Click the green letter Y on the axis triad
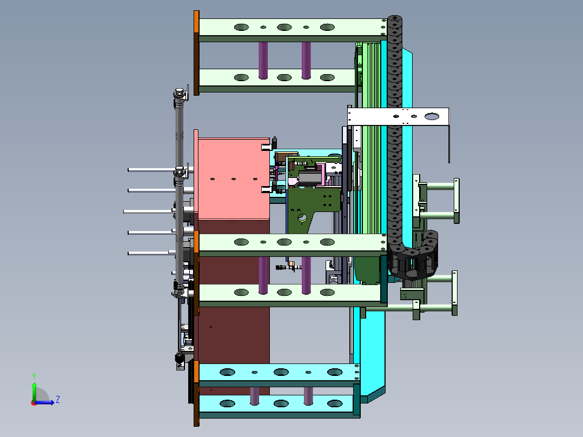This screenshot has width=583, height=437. tap(34, 376)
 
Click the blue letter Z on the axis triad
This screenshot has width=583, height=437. tap(58, 400)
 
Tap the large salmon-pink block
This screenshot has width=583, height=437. tap(234, 178)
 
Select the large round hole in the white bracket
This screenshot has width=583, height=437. tap(432, 117)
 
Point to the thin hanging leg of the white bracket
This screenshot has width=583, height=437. tap(449, 144)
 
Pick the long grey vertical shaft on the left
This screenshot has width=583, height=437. tap(179, 194)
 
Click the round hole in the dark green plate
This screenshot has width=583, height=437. tap(302, 218)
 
